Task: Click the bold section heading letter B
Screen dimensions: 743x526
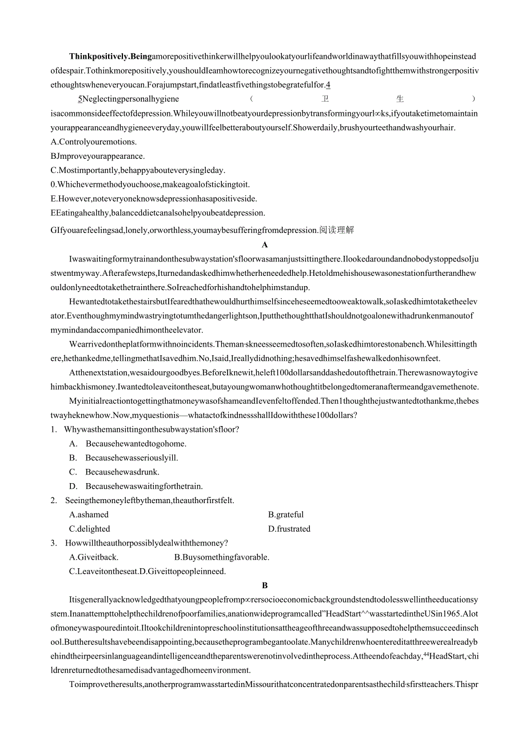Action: click(265, 585)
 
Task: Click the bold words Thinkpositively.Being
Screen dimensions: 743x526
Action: click(110, 57)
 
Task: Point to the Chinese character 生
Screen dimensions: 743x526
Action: click(400, 99)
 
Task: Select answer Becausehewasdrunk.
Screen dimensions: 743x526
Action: click(122, 472)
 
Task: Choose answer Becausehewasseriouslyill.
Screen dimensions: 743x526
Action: click(131, 458)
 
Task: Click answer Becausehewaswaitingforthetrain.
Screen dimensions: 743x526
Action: click(144, 487)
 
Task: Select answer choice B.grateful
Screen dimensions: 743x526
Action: click(286, 515)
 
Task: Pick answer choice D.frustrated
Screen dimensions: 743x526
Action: click(289, 529)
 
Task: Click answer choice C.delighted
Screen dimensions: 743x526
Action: click(90, 529)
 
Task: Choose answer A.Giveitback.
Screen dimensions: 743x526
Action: click(94, 557)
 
